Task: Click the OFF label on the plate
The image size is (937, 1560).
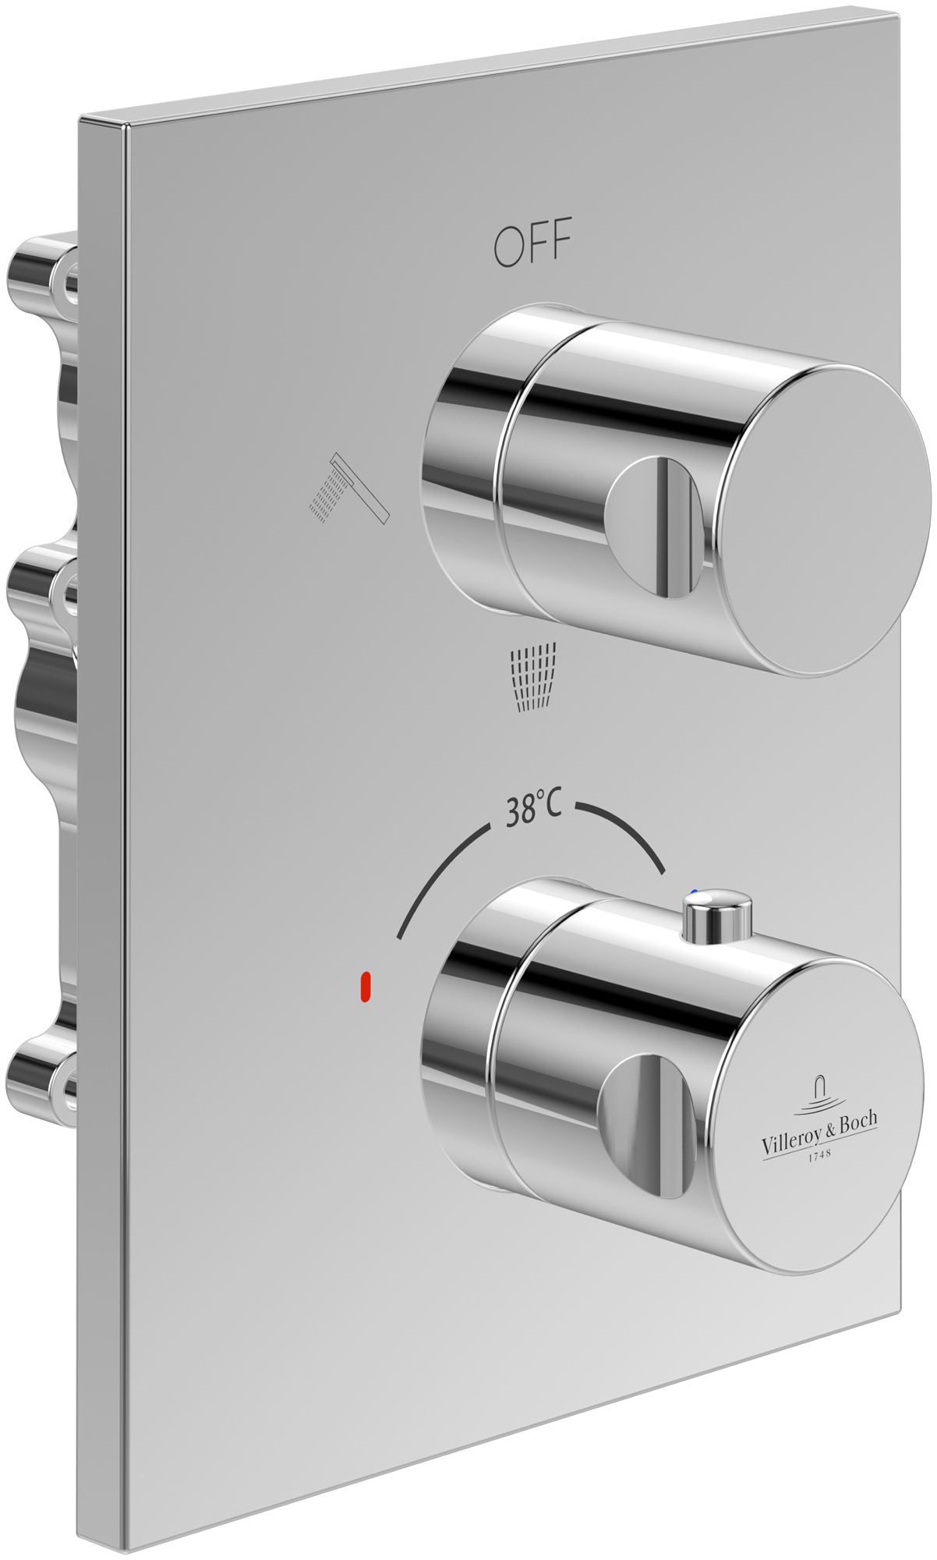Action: (532, 243)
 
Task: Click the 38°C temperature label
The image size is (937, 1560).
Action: (533, 811)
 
